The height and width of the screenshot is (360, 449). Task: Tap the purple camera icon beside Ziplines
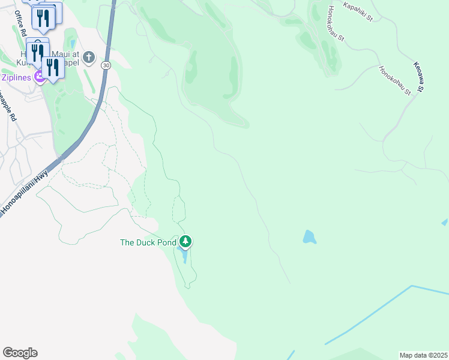[40, 76]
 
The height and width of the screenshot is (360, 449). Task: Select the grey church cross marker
[89, 58]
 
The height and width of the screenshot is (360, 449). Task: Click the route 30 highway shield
[106, 65]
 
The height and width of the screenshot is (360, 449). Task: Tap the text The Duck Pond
[148, 242]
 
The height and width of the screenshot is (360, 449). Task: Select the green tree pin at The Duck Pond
[186, 242]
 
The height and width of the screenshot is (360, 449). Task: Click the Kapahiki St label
[358, 12]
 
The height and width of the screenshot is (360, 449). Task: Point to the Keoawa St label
[418, 76]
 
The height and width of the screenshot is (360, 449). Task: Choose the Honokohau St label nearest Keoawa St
[394, 80]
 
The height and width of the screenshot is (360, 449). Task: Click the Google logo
[20, 353]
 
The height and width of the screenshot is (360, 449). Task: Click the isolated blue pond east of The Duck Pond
[309, 236]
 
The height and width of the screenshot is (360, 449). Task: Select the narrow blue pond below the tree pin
[184, 257]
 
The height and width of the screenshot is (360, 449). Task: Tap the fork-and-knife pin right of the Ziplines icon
[53, 68]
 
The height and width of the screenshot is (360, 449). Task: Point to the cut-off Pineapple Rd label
[7, 102]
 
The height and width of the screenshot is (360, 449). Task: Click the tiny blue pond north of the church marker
[73, 43]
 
